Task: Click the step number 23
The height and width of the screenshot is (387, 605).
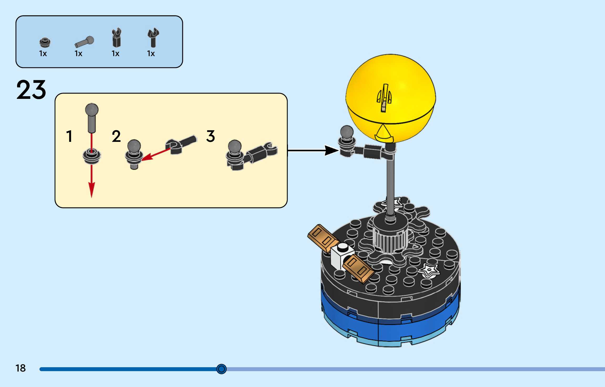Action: (31, 90)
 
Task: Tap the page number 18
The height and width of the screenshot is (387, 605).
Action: (20, 368)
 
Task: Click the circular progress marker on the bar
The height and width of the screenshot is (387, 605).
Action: (221, 369)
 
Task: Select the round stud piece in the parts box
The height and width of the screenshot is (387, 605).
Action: (45, 42)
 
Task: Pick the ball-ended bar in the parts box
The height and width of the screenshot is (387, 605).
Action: (84, 42)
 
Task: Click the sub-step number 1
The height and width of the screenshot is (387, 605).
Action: (69, 136)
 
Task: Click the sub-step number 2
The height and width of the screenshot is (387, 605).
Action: (116, 136)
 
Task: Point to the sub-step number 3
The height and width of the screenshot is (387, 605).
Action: (210, 136)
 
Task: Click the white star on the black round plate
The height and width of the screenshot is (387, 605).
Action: (428, 270)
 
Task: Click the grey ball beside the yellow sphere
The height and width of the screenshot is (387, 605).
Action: (347, 132)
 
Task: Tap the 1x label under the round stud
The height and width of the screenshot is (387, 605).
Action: (43, 54)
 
